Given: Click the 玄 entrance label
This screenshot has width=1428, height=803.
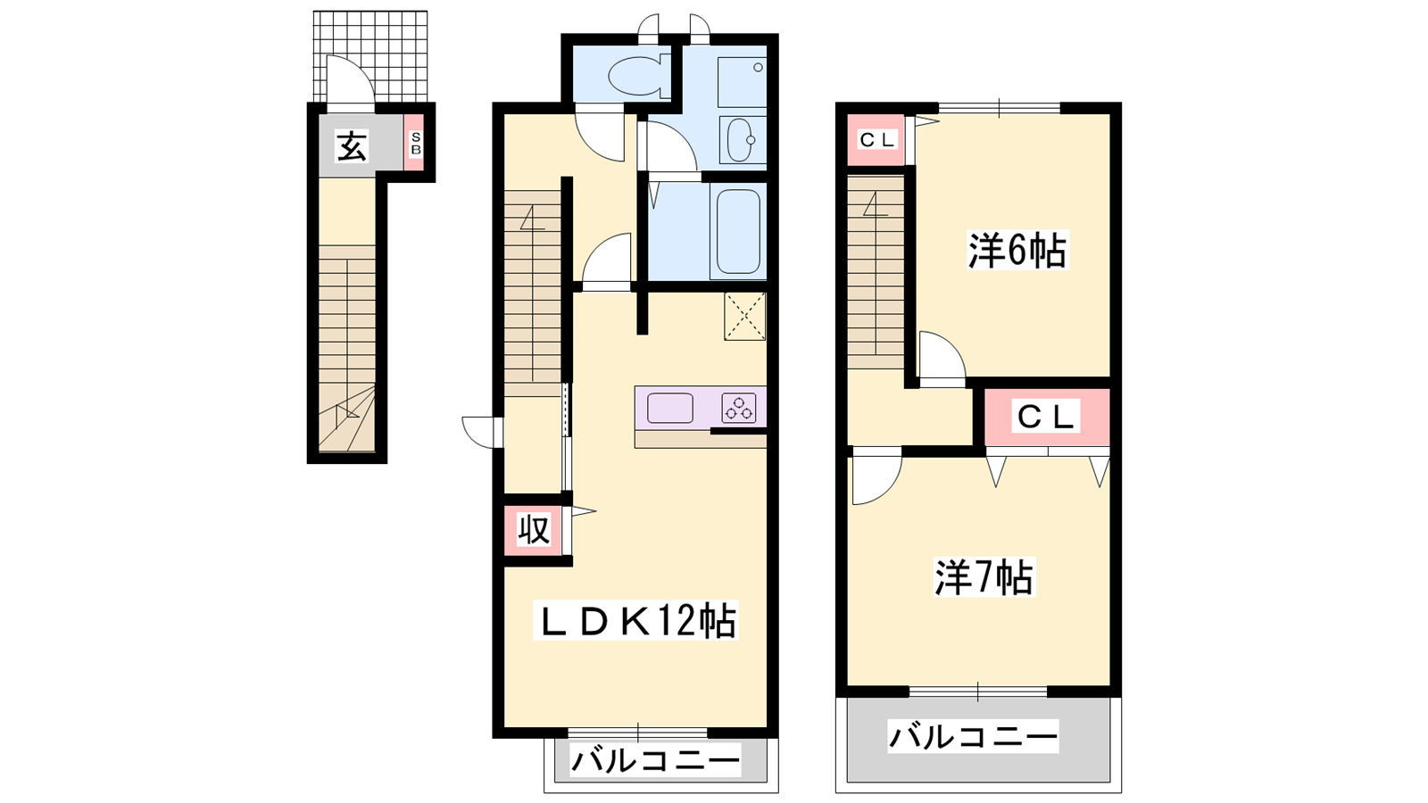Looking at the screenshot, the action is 352,146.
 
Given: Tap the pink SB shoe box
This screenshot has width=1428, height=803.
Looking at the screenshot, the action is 415,143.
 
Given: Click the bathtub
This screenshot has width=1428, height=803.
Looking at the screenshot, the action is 738,231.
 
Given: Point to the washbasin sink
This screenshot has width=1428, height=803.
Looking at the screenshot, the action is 742,139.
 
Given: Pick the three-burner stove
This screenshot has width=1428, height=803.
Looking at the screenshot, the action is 739,408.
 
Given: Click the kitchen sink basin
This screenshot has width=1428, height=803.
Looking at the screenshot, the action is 670,408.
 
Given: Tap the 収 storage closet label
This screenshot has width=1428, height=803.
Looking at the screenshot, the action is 534,529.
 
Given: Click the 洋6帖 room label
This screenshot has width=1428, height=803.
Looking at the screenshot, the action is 1017,251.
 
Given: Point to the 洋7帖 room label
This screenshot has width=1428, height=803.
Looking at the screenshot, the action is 984,576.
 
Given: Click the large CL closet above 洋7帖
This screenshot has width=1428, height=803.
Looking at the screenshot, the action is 1048,417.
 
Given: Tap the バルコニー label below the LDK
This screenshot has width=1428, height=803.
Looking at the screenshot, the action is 655,760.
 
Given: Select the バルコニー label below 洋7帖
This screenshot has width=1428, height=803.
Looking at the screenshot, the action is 973,737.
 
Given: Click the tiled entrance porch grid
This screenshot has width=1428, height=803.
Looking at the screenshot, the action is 370,55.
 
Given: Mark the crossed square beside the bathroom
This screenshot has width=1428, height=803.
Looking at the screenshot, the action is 744,316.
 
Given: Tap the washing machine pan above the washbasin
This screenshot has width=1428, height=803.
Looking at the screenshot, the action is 742,82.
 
